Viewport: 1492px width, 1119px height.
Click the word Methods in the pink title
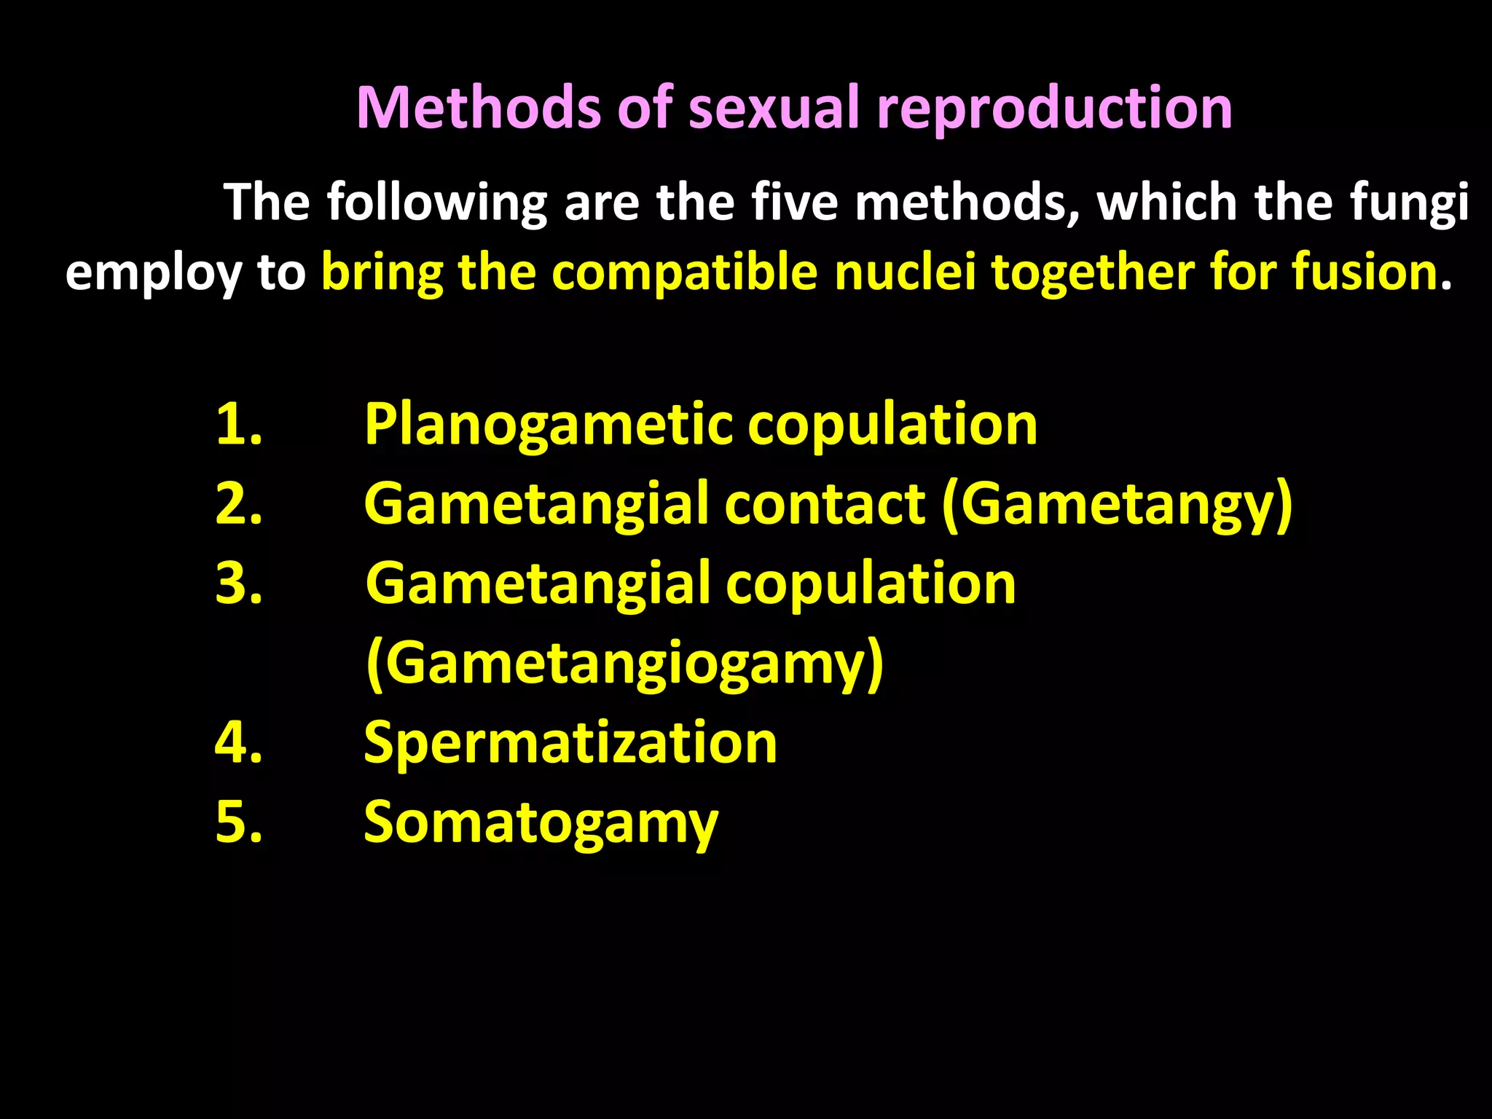pos(477,108)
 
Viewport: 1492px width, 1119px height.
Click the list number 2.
pos(238,503)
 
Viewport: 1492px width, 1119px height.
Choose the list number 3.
pos(238,584)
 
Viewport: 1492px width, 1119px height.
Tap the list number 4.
pos(238,742)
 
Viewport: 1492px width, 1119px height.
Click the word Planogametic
pos(548,425)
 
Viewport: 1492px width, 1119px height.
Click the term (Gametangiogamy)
pos(624,664)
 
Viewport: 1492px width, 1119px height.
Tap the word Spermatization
pos(570,744)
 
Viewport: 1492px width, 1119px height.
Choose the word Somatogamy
pos(541,824)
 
